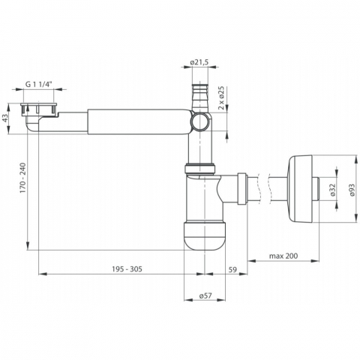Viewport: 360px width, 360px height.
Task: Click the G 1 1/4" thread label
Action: (x=39, y=84)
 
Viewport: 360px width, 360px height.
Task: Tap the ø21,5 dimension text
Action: (x=199, y=62)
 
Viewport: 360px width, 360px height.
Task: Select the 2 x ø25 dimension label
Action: (x=221, y=98)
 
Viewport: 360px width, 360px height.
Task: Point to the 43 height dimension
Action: (x=4, y=118)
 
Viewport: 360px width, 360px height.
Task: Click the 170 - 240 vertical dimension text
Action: (x=23, y=178)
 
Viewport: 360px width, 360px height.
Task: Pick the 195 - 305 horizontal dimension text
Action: (x=127, y=269)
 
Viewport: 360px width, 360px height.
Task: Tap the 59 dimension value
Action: (x=232, y=269)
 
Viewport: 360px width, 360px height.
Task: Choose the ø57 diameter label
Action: (x=205, y=295)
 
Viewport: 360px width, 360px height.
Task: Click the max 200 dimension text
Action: (x=283, y=256)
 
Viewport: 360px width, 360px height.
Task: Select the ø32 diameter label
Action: (x=333, y=190)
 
